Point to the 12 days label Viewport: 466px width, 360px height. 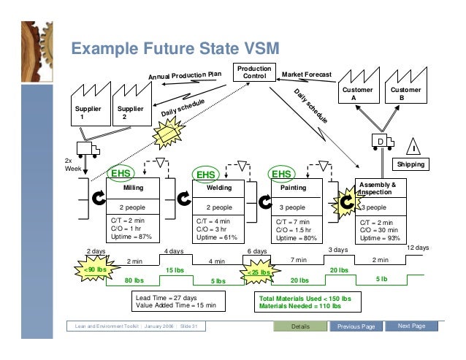(x=417, y=248)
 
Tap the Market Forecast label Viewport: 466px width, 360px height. (x=307, y=74)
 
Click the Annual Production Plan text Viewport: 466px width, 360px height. (x=185, y=76)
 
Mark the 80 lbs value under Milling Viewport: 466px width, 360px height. (x=133, y=280)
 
